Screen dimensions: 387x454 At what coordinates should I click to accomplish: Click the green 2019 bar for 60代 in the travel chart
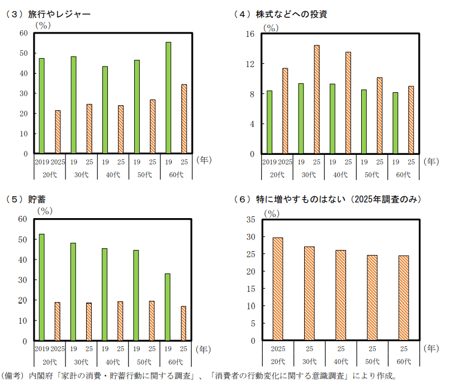coord(168,98)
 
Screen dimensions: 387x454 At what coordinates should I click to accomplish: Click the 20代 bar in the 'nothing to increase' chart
coord(278,289)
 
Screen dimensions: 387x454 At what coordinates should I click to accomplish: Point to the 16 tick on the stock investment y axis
coord(250,34)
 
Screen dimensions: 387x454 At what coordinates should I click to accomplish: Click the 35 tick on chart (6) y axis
coord(250,220)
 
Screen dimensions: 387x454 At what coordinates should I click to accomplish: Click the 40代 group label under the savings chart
coord(112,362)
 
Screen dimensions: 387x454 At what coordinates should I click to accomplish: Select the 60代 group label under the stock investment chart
coord(403,175)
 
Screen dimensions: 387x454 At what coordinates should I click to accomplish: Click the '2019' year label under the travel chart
coord(42,162)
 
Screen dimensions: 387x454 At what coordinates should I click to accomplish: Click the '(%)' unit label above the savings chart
coord(45,211)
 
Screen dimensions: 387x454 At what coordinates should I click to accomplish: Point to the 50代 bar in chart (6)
coord(372,298)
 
